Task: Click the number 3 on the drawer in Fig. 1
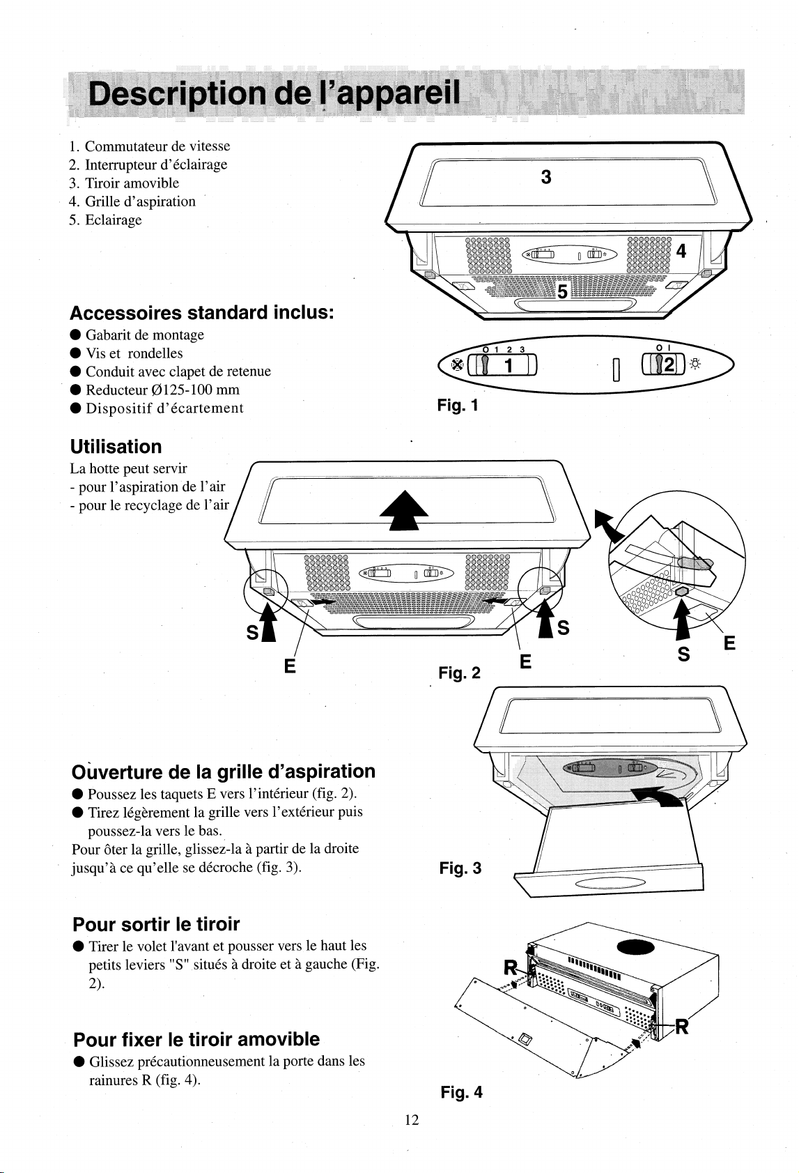[x=547, y=178]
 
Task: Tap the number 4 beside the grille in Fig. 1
[x=681, y=251]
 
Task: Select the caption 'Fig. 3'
[x=460, y=868]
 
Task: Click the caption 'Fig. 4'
[x=461, y=1091]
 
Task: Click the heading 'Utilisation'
[x=116, y=446]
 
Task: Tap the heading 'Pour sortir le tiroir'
[x=156, y=924]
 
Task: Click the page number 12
[x=412, y=1120]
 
